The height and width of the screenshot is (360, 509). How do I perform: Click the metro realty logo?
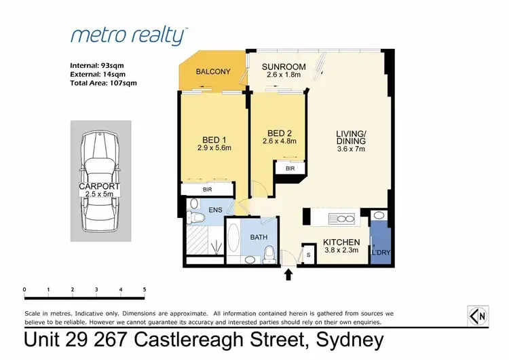pos(129,35)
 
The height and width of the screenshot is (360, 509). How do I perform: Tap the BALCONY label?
pos(213,72)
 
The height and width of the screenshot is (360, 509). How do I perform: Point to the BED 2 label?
pos(279,132)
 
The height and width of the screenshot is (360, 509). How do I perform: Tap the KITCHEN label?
pos(341,242)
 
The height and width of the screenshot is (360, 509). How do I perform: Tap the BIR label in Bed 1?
pos(208,190)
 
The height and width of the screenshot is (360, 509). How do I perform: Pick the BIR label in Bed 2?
pos(290,167)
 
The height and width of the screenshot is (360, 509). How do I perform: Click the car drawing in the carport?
pos(99,181)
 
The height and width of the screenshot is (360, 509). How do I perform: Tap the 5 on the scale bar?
pos(145,289)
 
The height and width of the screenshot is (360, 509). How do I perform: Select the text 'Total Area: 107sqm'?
pos(103,83)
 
